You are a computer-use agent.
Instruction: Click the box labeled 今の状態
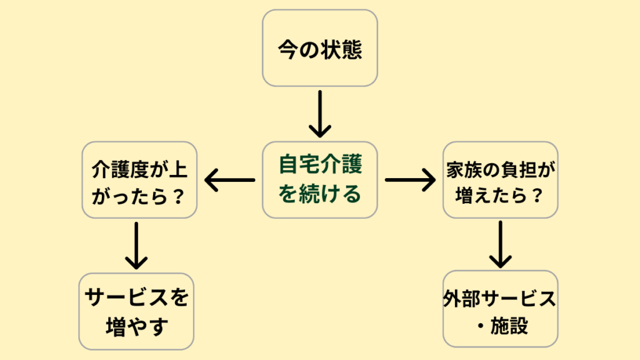319,48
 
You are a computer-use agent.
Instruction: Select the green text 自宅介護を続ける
319,180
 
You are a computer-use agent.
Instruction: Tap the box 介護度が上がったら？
139,180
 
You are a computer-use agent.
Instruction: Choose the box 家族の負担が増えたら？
500,180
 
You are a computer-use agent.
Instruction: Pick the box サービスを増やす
136,311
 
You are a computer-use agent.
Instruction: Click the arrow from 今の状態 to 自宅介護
319,114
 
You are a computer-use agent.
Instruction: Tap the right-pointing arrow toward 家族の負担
410,181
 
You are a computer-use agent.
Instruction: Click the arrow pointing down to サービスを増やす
136,245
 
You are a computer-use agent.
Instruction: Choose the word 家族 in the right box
465,167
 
